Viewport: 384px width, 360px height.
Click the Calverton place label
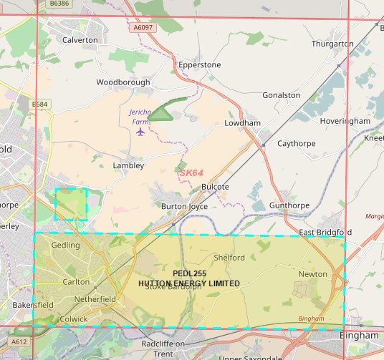(80, 40)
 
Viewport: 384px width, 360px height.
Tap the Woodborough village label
(123, 82)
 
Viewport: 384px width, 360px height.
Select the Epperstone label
(199, 64)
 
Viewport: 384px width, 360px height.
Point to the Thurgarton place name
(332, 44)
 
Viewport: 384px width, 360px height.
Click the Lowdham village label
(242, 123)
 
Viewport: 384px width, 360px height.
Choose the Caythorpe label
(297, 143)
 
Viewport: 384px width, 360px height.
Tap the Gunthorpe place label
(289, 205)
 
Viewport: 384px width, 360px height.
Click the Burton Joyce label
(184, 206)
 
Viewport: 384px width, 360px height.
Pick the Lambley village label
(128, 165)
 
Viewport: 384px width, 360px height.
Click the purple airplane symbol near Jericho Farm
(140, 132)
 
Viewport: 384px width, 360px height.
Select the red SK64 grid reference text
(192, 172)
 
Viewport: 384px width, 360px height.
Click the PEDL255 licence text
(189, 274)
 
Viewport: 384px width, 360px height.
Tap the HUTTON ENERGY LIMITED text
(189, 283)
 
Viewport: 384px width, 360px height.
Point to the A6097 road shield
(143, 28)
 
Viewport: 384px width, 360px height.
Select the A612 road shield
(19, 342)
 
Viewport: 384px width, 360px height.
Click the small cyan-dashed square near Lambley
(71, 204)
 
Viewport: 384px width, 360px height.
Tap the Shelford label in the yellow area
(229, 258)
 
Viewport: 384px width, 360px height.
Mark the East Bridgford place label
(325, 233)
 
